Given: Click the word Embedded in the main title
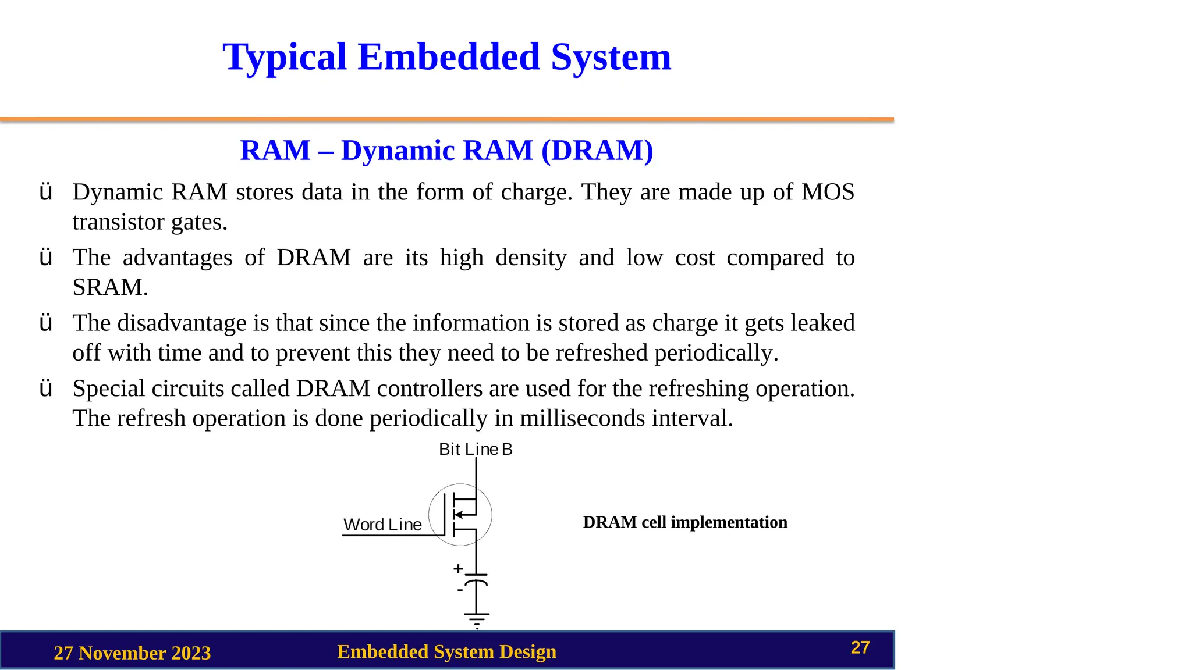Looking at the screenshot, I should pyautogui.click(x=448, y=57).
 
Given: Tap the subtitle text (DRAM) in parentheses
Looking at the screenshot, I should pyautogui.click(x=597, y=151).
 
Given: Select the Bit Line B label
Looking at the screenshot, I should pyautogui.click(x=476, y=450).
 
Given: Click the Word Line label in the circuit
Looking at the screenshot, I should pyautogui.click(x=382, y=525).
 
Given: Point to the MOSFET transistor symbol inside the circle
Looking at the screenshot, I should pyautogui.click(x=460, y=515).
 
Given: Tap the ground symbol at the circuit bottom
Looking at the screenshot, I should pyautogui.click(x=477, y=619).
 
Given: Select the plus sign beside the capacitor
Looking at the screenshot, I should pyautogui.click(x=458, y=568).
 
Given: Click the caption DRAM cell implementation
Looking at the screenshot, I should pyautogui.click(x=685, y=522).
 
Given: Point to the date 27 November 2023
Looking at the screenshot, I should pyautogui.click(x=132, y=653).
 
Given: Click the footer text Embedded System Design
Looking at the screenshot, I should pyautogui.click(x=446, y=652).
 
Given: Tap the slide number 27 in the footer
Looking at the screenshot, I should pyautogui.click(x=860, y=648).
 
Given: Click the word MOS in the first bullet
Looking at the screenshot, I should pyautogui.click(x=828, y=193).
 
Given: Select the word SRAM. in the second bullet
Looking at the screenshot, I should pyautogui.click(x=110, y=287).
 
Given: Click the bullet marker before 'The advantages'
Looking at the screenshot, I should pyautogui.click(x=45, y=258).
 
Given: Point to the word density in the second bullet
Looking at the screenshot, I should pyautogui.click(x=531, y=258).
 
